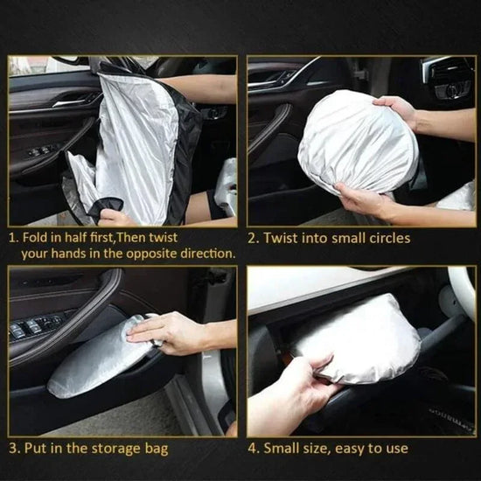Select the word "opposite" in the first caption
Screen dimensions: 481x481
(x=151, y=254)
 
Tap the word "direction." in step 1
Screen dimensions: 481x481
(x=206, y=254)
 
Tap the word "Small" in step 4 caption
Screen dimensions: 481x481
(x=289, y=449)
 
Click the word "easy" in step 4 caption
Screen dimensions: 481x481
(x=352, y=449)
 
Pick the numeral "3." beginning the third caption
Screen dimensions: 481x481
(x=13, y=449)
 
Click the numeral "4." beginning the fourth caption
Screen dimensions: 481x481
(x=255, y=449)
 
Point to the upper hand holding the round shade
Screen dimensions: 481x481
(x=398, y=109)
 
